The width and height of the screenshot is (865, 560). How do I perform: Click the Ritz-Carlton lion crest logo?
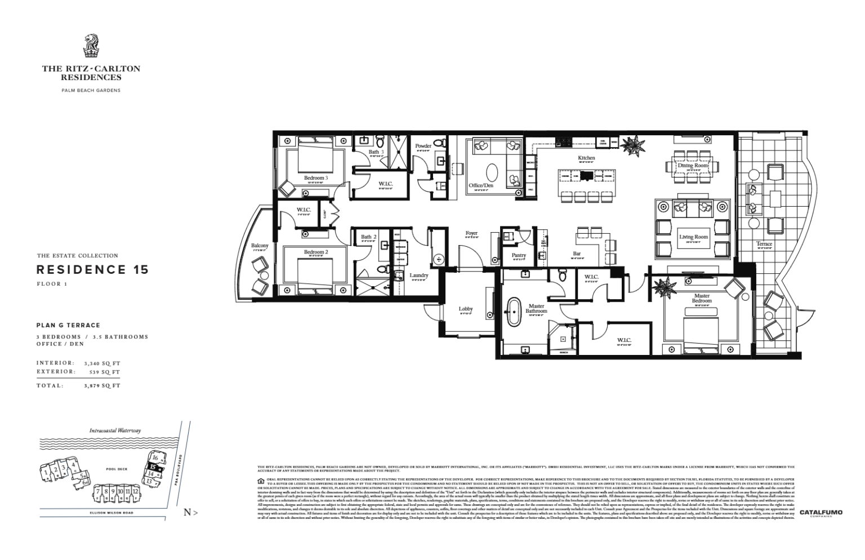(x=91, y=47)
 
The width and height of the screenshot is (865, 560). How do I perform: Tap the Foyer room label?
(x=471, y=233)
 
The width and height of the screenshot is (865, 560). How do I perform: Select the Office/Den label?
(x=480, y=185)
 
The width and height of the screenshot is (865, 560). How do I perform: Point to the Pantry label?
(x=519, y=255)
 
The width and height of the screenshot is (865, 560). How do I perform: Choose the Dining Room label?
(x=693, y=166)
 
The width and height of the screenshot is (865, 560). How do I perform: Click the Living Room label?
(x=693, y=237)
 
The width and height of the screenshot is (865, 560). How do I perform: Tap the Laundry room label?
(x=419, y=275)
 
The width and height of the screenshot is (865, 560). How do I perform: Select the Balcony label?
(x=260, y=246)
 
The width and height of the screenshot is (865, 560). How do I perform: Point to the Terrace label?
(x=764, y=244)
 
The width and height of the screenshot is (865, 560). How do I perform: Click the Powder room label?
(x=423, y=146)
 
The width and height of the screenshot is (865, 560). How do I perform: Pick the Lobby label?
(x=466, y=309)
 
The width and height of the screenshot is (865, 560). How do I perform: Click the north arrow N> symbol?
(x=190, y=513)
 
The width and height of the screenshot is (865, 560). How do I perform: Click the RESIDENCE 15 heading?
(x=93, y=269)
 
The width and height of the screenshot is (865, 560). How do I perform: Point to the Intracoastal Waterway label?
(x=115, y=430)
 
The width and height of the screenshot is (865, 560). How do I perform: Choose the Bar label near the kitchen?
(x=577, y=254)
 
